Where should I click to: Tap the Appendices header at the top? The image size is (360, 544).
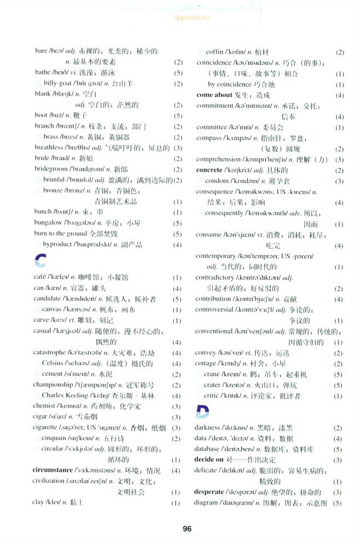(191, 18)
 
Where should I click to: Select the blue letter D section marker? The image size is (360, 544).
(202, 411)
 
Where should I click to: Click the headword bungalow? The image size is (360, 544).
(48, 223)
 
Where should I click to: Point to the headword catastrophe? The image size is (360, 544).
(49, 352)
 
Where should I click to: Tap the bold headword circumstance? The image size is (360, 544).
(53, 471)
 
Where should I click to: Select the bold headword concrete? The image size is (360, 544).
(209, 170)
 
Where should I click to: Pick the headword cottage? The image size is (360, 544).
(206, 364)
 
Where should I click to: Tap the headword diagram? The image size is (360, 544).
(206, 503)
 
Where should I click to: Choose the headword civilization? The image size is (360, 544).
(52, 481)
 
